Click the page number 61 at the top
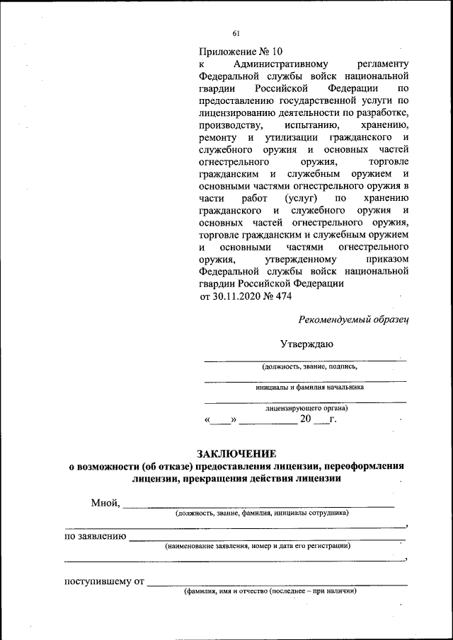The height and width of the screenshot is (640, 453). (x=236, y=33)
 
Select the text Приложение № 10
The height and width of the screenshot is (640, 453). (x=241, y=52)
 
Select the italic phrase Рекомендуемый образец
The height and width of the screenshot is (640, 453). (x=354, y=320)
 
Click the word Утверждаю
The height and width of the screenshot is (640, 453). (x=306, y=344)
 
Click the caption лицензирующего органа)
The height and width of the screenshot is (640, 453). (x=306, y=408)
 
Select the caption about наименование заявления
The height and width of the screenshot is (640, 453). (x=257, y=546)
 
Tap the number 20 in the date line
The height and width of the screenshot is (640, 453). (x=306, y=420)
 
